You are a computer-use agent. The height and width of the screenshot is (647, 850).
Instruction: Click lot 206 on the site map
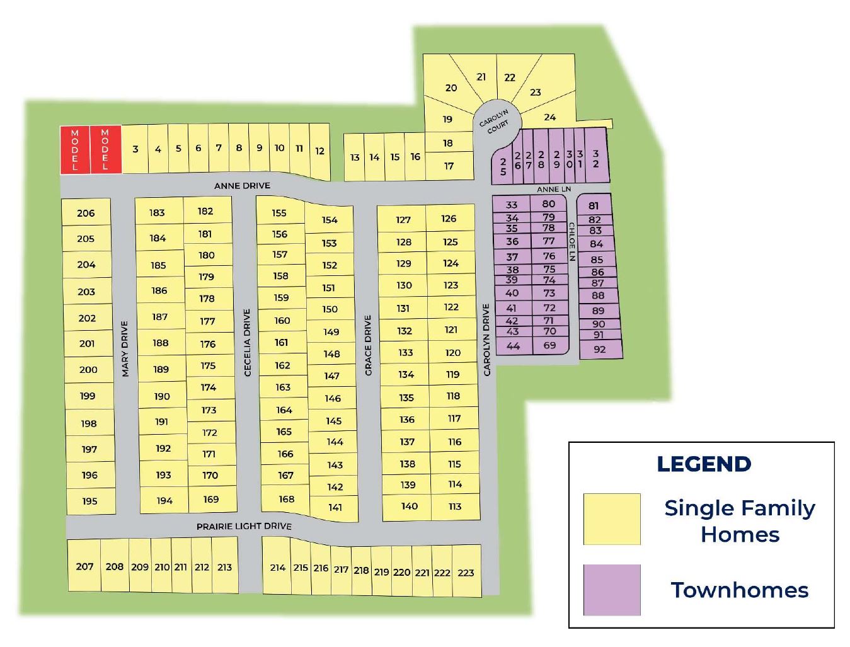coord(86,213)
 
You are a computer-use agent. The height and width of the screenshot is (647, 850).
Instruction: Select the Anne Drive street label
coord(242,186)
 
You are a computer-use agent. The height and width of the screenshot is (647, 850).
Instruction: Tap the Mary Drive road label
coord(125,348)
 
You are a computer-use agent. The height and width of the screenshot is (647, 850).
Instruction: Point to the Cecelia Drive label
coord(247,342)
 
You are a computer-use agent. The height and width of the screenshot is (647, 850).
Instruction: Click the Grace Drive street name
coord(368,345)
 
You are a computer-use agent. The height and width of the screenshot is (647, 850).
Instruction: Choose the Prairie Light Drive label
coord(244,526)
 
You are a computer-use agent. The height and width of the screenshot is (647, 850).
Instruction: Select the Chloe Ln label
coord(572,241)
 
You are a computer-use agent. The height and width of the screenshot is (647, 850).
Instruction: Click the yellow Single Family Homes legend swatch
coord(611,518)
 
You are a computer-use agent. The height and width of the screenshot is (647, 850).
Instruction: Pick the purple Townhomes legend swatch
coord(611,590)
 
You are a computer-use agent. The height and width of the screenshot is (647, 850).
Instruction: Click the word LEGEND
coord(704,464)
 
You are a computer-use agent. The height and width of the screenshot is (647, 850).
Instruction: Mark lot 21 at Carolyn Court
coord(481,77)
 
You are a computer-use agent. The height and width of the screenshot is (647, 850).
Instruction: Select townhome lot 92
coord(599,349)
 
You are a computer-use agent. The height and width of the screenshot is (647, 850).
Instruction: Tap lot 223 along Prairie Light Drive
coord(466,573)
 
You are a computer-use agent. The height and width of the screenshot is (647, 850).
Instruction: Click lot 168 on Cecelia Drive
coord(287,499)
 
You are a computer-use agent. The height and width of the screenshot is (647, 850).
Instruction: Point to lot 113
coord(455,507)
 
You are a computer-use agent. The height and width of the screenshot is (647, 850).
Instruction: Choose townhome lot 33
coord(512,205)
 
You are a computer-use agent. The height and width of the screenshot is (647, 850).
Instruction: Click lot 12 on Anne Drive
coord(319,151)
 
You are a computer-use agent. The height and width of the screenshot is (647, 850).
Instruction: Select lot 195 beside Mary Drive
coord(89,501)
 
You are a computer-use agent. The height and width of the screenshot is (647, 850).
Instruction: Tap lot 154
coord(330,220)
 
